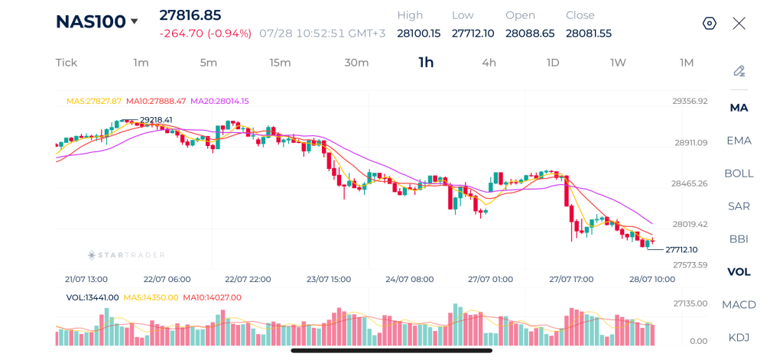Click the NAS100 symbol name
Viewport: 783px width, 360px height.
[x=90, y=21]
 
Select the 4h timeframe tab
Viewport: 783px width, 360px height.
[x=489, y=63]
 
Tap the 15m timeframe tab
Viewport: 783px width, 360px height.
[x=280, y=63]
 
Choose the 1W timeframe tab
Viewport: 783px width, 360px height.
[x=618, y=63]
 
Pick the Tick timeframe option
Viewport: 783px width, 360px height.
[x=67, y=63]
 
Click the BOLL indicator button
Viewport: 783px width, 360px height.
[x=739, y=174]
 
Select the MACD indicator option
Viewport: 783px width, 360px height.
[x=739, y=304]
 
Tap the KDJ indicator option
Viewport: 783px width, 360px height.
[x=739, y=338]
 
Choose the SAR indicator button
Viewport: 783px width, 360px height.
[x=739, y=206]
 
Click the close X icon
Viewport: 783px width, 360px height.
[x=739, y=24]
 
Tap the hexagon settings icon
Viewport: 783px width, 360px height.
[x=710, y=24]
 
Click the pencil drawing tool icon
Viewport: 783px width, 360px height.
[x=739, y=71]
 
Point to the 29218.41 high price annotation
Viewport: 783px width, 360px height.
[x=156, y=120]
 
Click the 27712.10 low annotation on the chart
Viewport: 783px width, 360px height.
[x=681, y=249]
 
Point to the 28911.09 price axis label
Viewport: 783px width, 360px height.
[x=690, y=142]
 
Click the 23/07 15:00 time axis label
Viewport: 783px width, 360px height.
[x=329, y=279]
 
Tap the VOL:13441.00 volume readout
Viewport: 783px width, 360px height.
[x=93, y=297]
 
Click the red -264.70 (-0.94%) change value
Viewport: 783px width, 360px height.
[x=205, y=34]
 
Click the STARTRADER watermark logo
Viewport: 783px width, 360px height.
[x=126, y=255]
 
